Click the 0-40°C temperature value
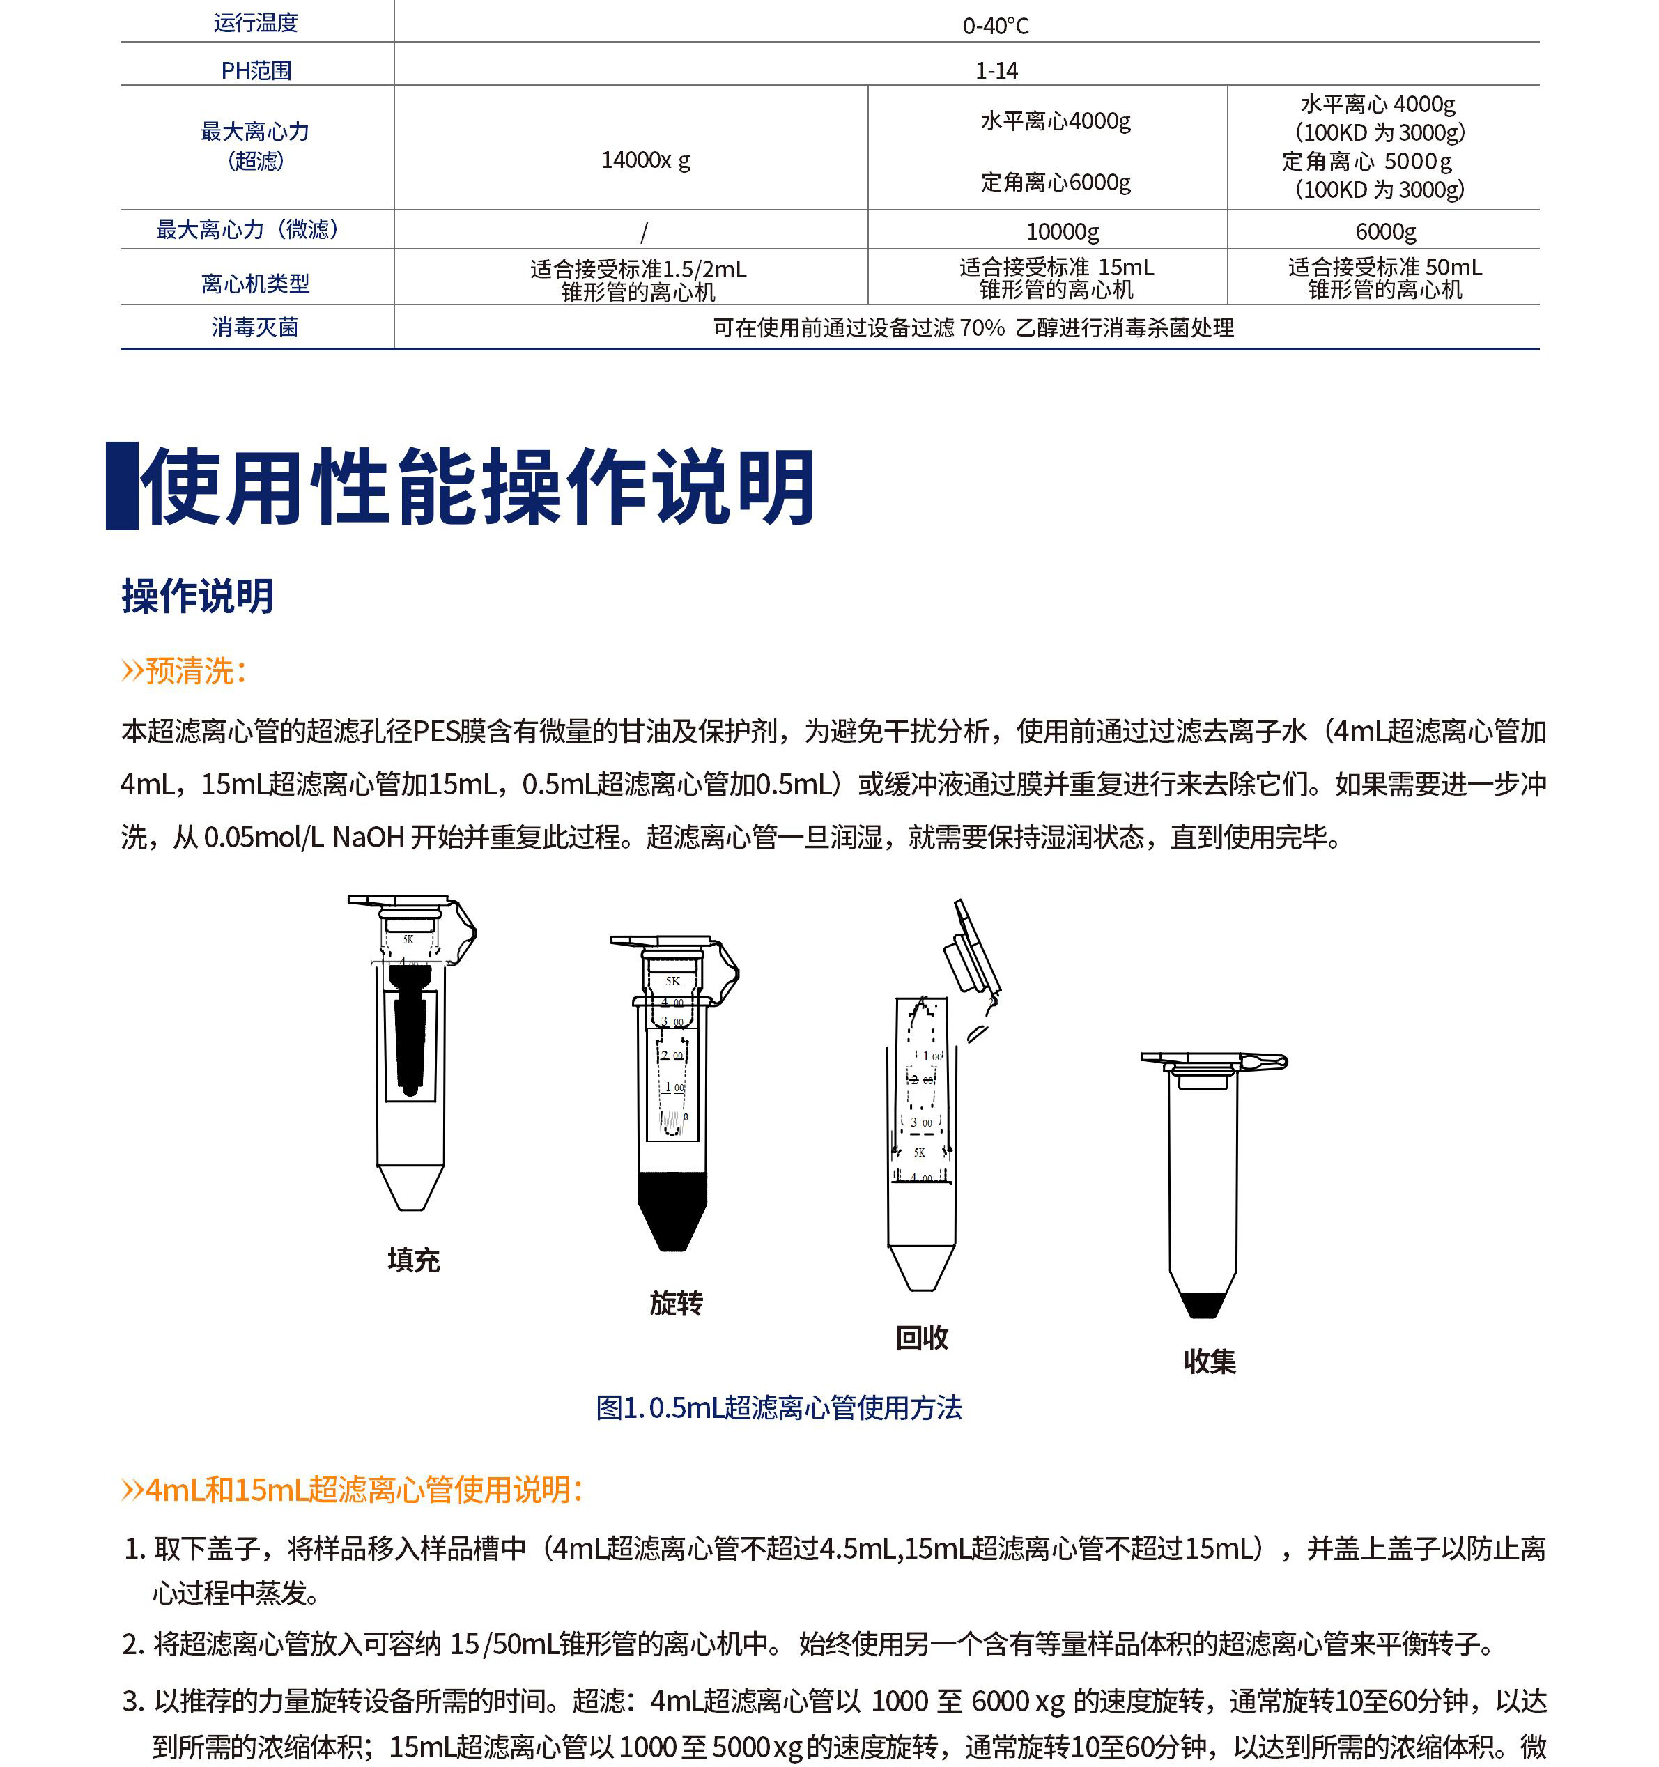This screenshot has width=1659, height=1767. point(995,26)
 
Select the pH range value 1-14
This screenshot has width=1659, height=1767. point(996,70)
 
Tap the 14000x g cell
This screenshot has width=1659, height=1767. point(645,160)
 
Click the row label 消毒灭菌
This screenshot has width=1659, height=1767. point(255,327)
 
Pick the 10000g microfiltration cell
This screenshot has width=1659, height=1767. point(1063,232)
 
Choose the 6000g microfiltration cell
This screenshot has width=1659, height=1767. point(1385,232)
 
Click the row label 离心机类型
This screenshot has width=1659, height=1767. point(255,284)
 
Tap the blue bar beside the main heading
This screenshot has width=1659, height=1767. point(122,486)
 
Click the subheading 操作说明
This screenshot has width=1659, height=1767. point(197,596)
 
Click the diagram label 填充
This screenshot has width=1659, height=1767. point(413,1260)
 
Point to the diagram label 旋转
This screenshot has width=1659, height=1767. point(676,1303)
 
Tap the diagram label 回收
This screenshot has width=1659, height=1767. point(922,1338)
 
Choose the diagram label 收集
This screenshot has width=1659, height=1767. point(1209,1361)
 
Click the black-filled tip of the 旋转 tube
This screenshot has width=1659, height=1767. point(672,1209)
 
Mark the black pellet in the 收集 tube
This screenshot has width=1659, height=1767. point(1202,1304)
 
